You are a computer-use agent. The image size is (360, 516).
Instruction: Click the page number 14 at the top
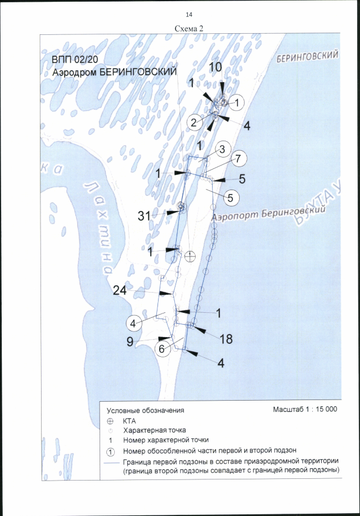[189, 15]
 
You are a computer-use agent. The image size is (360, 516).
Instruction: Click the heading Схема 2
[189, 28]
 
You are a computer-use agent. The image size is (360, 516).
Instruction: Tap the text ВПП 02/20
[74, 61]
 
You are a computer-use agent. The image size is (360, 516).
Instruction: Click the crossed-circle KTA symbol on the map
[190, 255]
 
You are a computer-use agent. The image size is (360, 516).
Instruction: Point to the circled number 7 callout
[238, 159]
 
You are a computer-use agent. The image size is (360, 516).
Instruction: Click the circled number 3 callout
[222, 149]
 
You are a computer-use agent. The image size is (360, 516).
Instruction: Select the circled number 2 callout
[194, 123]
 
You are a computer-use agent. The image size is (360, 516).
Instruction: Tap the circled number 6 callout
[161, 348]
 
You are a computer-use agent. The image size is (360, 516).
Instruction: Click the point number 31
[144, 216]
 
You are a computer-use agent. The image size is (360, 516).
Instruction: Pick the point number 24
[120, 290]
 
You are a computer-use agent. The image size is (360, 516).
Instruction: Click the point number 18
[226, 339]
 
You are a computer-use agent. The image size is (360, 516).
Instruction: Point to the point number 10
[215, 67]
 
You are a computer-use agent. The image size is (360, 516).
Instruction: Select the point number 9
[130, 342]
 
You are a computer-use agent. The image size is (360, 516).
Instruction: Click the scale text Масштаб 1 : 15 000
[305, 409]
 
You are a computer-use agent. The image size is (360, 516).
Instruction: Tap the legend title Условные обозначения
[146, 410]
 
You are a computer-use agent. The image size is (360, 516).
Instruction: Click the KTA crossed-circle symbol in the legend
[110, 421]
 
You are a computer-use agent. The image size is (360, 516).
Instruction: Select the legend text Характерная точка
[154, 430]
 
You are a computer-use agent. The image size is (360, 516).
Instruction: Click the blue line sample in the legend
[111, 463]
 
